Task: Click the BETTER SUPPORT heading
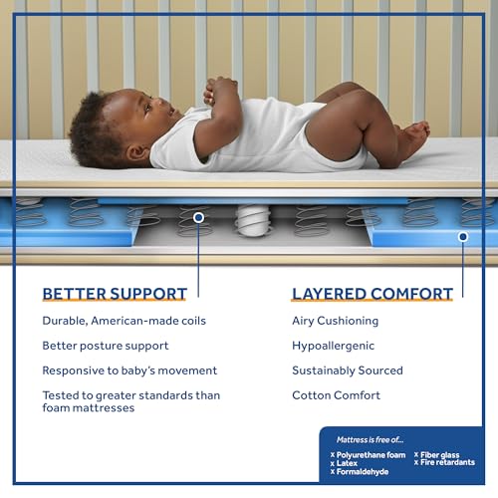click(115, 294)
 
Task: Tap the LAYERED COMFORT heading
click(372, 294)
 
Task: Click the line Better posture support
click(106, 346)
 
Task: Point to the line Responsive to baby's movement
click(129, 371)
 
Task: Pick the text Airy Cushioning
click(335, 321)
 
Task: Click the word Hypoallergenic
click(333, 346)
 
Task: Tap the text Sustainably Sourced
click(347, 371)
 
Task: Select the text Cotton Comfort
click(336, 395)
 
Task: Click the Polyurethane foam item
click(371, 455)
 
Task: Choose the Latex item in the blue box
click(347, 463)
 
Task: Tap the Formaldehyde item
click(361, 472)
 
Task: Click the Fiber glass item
click(440, 455)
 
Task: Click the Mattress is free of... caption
click(370, 439)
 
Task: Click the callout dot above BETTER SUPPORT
click(198, 216)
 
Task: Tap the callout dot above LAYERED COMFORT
click(463, 236)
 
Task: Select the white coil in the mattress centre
click(253, 219)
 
